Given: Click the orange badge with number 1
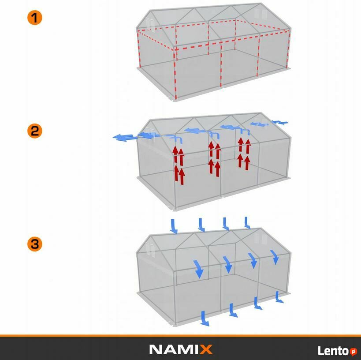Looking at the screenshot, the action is pos(35,18).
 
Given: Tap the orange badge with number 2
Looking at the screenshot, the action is pos(35,131).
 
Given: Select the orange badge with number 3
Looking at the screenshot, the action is pos(35,244).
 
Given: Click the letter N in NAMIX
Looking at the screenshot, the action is pos(156,349).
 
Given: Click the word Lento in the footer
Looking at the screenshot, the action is pos(333,351).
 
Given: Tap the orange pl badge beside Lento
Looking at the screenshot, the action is pos(354,352).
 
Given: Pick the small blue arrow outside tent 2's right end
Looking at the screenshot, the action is pos(280,122).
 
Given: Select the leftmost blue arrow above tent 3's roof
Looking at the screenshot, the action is pos(174,226).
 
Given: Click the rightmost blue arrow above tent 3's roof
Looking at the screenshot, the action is pos(247,223).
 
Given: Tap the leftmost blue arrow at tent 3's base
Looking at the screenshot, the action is pos(205,319).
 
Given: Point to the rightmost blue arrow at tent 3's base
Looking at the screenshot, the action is pos(279,297).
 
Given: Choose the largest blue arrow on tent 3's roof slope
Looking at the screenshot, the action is pos(198,269).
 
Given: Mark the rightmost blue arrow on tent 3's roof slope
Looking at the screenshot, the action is pos(275,257).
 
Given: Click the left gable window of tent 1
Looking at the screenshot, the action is pos(150,24).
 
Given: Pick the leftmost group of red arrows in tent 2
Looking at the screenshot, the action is pos(179,165).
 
